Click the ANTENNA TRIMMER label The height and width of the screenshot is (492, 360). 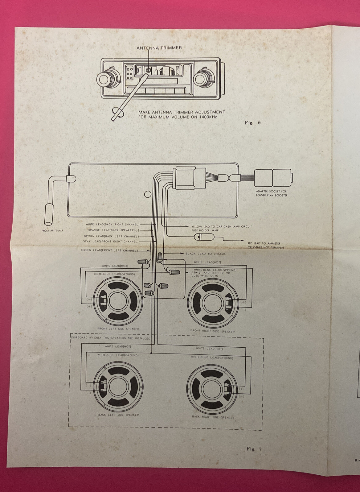(x=159, y=48)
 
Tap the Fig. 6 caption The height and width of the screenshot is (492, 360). (x=252, y=122)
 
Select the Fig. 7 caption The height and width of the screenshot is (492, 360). (x=254, y=449)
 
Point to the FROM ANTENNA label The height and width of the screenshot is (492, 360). (x=52, y=230)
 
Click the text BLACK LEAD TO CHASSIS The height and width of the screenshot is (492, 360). (x=205, y=254)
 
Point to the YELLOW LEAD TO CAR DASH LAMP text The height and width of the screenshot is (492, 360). (x=222, y=226)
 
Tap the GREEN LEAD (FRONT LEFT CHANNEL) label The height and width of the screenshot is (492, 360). (x=109, y=250)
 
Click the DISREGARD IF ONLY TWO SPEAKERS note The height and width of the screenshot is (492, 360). (x=111, y=338)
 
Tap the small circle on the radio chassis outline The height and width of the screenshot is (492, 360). (x=148, y=194)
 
